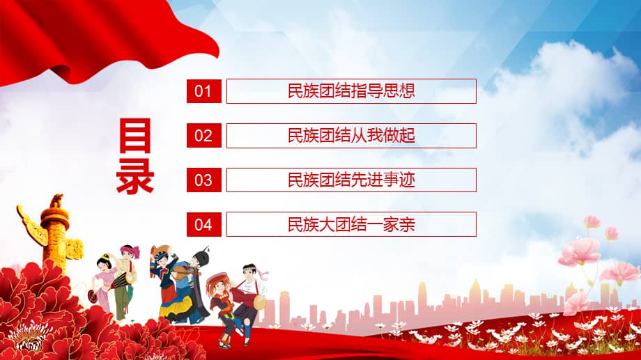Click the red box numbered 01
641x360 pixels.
[x=203, y=91]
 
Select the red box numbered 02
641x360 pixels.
[x=203, y=136]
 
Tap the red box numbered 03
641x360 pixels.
[x=203, y=180]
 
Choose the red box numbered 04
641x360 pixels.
[x=203, y=224]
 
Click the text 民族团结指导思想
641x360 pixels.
[x=351, y=91]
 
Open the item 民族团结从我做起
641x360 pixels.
[x=351, y=136]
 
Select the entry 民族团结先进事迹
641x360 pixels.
[x=351, y=180]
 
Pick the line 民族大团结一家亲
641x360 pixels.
[x=351, y=224]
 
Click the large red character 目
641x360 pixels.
[x=134, y=136]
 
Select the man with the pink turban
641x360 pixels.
[x=127, y=279]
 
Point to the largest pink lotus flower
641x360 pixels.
[x=580, y=251]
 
